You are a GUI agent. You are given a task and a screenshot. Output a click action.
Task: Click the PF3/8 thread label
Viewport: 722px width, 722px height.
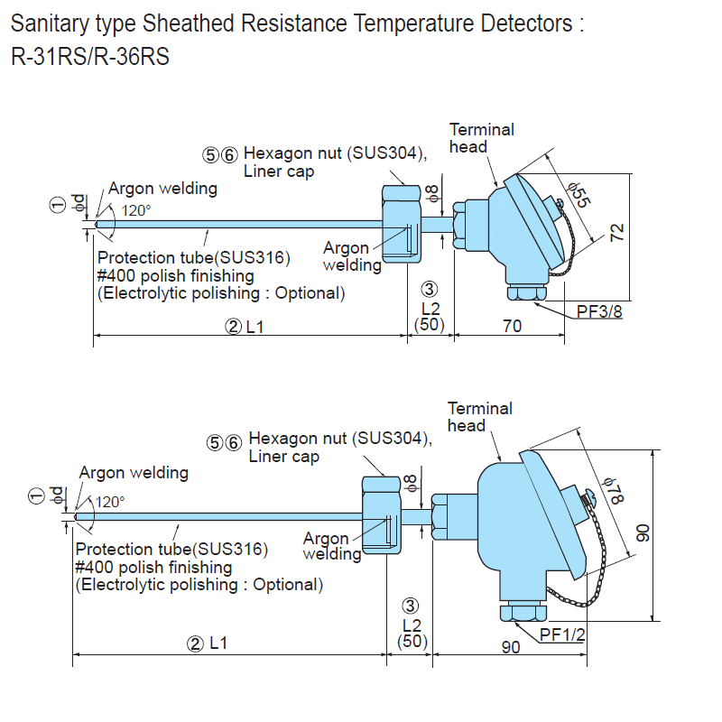pos(599,311)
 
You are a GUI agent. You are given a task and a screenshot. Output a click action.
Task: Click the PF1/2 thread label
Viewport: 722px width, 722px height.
pos(563,634)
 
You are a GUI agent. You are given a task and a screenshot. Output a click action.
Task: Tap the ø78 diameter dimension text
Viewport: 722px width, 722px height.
pos(614,493)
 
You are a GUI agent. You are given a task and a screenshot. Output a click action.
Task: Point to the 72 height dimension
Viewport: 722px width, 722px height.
pos(617,233)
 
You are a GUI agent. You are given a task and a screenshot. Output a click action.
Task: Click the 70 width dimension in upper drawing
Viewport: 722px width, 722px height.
pos(512,326)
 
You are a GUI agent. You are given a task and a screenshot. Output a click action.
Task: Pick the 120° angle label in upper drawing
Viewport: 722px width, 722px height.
pos(135,209)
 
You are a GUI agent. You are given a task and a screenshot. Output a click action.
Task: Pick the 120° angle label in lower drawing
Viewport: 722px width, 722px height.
pos(110,502)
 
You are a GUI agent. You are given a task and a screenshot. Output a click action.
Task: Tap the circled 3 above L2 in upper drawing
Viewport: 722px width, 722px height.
pos(430,290)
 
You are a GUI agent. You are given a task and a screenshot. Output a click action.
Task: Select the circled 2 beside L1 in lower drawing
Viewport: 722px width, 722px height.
pos(195,643)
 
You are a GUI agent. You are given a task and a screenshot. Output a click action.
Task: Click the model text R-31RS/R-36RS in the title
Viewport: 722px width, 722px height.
pos(90,58)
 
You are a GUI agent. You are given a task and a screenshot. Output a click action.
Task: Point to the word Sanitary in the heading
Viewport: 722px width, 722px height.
pos(46,23)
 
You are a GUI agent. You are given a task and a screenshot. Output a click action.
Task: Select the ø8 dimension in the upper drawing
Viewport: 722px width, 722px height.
pos(432,192)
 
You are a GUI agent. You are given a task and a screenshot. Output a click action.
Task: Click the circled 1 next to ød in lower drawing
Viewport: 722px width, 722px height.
pos(36,495)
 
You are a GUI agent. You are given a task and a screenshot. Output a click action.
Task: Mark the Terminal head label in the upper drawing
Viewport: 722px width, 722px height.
pos(481,137)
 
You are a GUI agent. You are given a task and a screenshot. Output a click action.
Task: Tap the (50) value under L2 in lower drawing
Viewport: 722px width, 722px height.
pos(412,642)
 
